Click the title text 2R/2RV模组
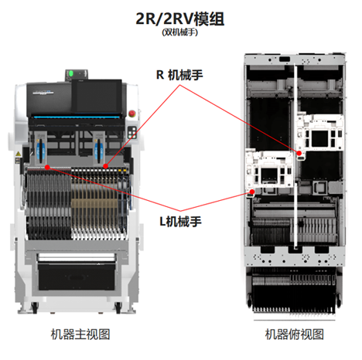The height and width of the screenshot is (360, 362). [x=179, y=19]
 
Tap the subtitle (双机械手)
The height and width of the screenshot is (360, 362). [x=179, y=32]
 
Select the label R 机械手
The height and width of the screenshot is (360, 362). [x=179, y=75]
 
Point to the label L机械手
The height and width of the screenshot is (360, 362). [x=180, y=222]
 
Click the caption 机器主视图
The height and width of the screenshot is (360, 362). [x=80, y=335]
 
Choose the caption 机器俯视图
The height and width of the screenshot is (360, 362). [x=295, y=335]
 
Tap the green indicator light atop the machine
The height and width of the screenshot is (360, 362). [x=71, y=73]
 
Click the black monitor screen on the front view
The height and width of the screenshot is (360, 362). [x=97, y=96]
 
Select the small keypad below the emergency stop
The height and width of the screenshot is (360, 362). [x=132, y=132]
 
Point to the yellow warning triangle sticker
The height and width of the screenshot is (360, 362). [x=18, y=154]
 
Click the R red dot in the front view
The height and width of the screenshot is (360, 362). [x=105, y=166]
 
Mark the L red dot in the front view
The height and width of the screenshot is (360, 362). [x=47, y=168]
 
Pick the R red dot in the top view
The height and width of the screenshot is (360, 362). [x=299, y=153]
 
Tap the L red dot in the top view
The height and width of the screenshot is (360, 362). [x=252, y=192]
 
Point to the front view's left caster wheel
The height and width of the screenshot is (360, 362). [x=34, y=307]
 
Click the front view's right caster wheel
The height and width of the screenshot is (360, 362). [x=118, y=307]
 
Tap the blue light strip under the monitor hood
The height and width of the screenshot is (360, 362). [x=76, y=117]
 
